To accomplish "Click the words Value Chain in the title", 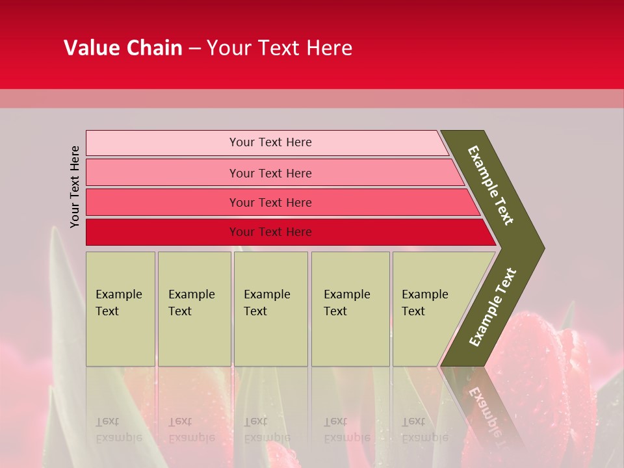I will click(123, 48).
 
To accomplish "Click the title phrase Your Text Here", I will click(279, 48).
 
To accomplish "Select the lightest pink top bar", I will click(162, 142).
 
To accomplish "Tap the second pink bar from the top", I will click(162, 173).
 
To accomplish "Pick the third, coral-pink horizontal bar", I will click(162, 202).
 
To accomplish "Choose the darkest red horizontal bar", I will click(162, 232).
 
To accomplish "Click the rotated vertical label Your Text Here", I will click(75, 187).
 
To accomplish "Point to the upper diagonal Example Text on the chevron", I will click(491, 185).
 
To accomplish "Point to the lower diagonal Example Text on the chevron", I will click(493, 307).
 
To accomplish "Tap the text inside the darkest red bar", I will click(270, 232).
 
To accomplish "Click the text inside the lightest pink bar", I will click(270, 142).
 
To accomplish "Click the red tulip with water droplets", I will click(559, 364).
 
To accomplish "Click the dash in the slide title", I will click(194, 49).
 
